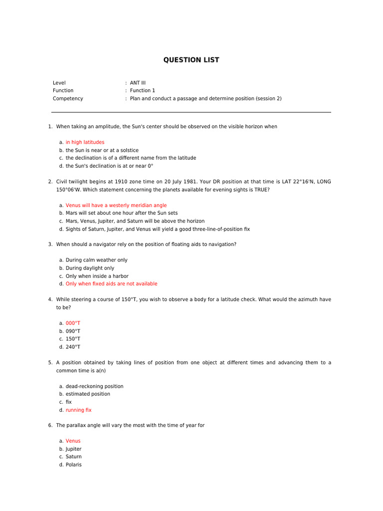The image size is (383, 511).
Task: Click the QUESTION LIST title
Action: coord(191,60)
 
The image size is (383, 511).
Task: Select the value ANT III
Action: coord(138,83)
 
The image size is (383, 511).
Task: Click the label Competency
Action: coord(68,99)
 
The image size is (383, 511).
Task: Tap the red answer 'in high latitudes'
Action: coord(85,142)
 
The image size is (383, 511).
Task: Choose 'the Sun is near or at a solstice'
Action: coord(102,150)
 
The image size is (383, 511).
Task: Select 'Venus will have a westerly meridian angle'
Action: coord(116,205)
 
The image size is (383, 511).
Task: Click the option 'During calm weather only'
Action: coord(96,260)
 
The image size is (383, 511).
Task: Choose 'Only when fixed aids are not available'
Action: coord(111,284)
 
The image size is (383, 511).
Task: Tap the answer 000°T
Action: coord(73,323)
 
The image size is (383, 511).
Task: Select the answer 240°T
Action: coord(73,347)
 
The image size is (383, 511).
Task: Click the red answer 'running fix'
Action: coord(79,410)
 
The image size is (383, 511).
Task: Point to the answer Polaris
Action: coord(74,465)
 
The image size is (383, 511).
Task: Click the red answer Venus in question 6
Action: coord(73,441)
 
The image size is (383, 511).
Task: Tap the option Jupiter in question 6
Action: coord(73,449)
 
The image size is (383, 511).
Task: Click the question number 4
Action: coord(50,299)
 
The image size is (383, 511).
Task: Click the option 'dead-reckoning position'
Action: coord(94,386)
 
